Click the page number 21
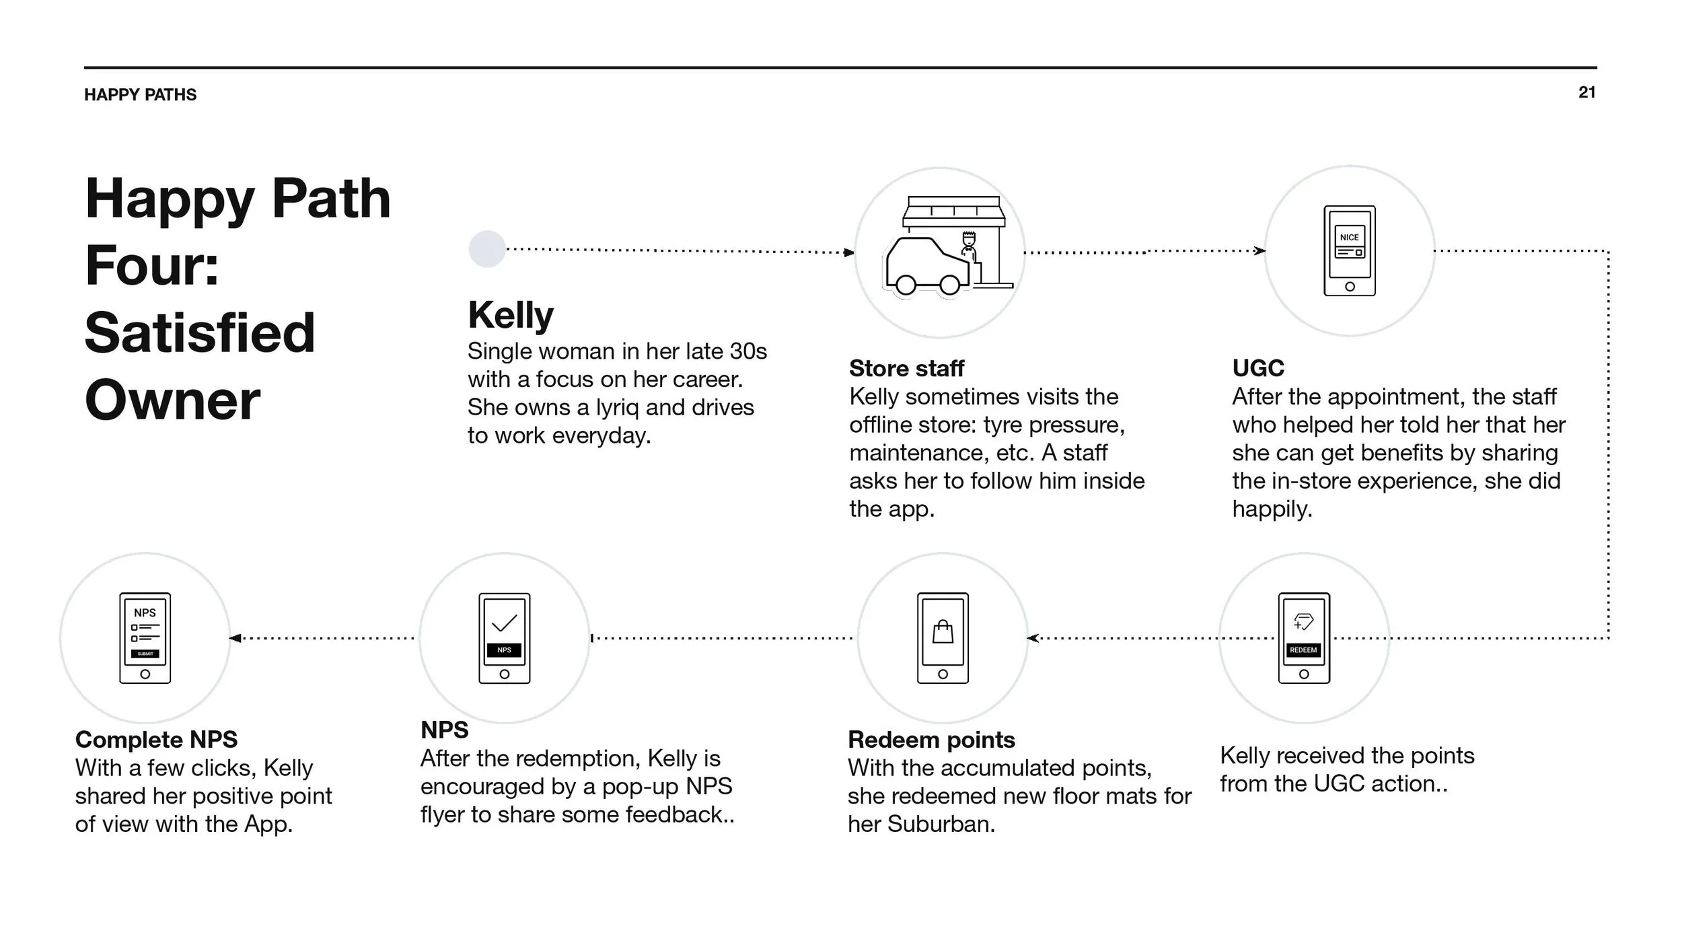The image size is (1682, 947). coord(1586,92)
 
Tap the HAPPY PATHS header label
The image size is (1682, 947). coord(140,95)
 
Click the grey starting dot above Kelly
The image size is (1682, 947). coord(487,249)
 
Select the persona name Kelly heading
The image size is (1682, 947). coord(511,315)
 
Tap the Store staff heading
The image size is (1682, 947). coord(906,368)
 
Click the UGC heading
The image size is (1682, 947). coord(1258,368)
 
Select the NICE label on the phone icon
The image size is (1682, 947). coord(1349,238)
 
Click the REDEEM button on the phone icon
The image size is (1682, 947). coord(1303,650)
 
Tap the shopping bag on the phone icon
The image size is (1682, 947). coord(943,632)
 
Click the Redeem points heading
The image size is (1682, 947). coord(931,740)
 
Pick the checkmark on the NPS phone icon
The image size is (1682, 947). coord(505,623)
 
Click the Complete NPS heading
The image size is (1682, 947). coord(156,740)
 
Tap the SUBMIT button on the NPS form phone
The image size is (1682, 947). coord(145,654)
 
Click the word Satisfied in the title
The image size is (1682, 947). coord(200,332)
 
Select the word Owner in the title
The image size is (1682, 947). coord(172,400)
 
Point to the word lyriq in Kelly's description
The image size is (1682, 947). coord(618,407)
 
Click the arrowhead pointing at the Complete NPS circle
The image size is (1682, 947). coord(235,638)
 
